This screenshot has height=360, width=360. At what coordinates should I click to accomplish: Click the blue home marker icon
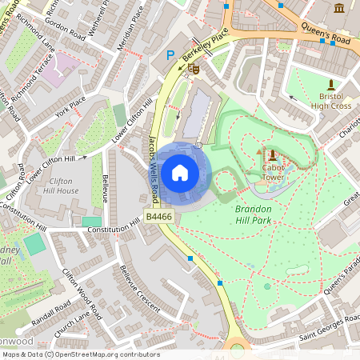click(180, 173)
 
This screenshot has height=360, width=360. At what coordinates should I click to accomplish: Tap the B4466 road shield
click(158, 217)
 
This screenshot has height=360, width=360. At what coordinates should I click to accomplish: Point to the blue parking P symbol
click(169, 55)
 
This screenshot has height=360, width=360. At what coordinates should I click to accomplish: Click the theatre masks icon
click(193, 70)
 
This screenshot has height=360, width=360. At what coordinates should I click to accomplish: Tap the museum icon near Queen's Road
click(339, 8)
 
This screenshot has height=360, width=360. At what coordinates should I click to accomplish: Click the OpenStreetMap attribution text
click(80, 354)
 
